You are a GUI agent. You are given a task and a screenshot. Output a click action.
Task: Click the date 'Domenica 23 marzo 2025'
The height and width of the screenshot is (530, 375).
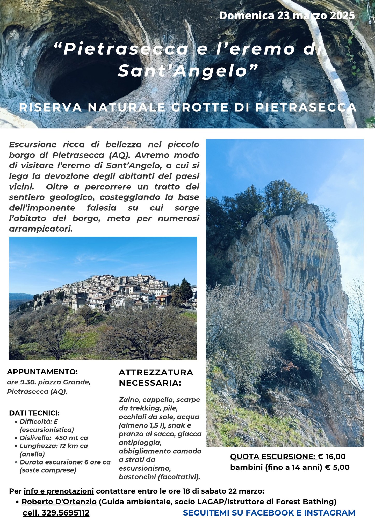(287, 16)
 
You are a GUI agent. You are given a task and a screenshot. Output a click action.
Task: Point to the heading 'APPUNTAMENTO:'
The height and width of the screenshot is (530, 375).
(42, 372)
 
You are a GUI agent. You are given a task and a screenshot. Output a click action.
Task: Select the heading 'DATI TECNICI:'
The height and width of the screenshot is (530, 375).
(34, 413)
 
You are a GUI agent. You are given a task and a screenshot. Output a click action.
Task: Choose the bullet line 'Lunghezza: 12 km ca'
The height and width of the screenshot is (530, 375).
(54, 446)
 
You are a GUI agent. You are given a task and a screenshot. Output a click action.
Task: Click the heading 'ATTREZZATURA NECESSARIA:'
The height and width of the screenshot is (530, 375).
(156, 378)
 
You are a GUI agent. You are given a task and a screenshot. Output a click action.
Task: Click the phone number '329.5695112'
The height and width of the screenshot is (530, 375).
(66, 513)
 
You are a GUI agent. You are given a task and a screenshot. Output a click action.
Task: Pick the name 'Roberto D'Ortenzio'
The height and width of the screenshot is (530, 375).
(59, 502)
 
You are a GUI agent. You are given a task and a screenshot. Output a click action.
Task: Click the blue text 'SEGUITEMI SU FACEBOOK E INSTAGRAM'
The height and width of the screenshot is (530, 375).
(269, 513)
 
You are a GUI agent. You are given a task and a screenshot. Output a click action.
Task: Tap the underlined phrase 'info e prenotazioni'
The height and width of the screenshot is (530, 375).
(59, 491)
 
